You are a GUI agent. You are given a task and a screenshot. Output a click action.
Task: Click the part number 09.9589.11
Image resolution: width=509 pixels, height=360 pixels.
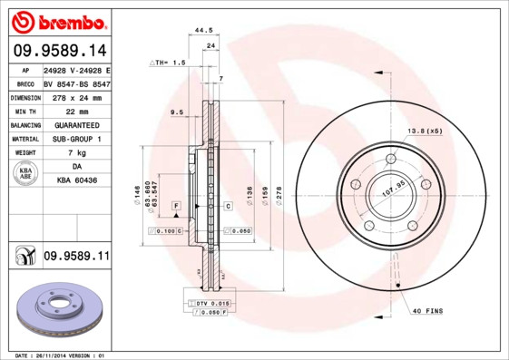click(x=76, y=257)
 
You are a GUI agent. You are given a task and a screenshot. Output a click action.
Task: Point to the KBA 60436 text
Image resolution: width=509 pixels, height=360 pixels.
click(x=76, y=181)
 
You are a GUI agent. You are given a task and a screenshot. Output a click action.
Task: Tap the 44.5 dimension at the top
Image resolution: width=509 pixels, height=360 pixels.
click(x=204, y=30)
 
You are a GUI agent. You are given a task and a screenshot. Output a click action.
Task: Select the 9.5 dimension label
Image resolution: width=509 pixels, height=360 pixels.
click(x=177, y=112)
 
